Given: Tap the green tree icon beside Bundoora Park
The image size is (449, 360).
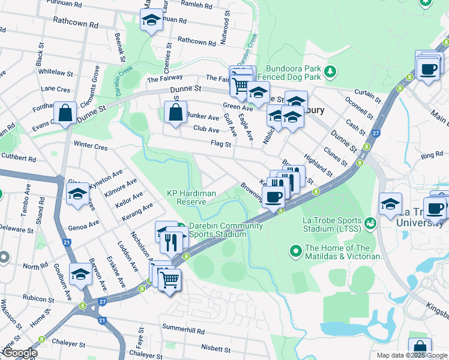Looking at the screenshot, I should [x=329, y=73].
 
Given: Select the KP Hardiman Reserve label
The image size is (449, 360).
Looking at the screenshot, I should [x=187, y=197].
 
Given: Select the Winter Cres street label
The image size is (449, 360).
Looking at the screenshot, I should [x=90, y=146].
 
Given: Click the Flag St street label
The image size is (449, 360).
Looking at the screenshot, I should [x=221, y=143].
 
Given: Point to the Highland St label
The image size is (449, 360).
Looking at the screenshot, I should [x=318, y=164].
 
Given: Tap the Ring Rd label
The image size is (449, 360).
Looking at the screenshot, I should [x=432, y=156].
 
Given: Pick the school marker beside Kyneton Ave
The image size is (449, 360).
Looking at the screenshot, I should [x=77, y=194].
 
